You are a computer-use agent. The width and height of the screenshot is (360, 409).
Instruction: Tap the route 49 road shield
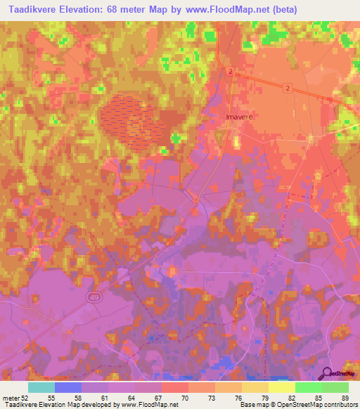(x=94, y=298)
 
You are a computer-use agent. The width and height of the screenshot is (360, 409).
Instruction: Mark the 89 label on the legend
(x=344, y=398)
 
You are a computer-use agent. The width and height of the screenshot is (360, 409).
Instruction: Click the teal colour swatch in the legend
(x=41, y=387)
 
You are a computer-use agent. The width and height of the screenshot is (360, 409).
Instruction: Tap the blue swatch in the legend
(x=68, y=387)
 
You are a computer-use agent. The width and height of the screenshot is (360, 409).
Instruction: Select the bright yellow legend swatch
(x=281, y=387)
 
